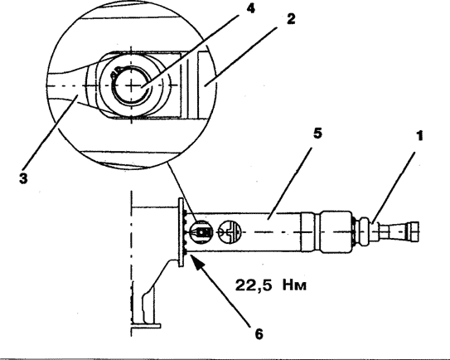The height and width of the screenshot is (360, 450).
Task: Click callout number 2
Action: click(x=290, y=19)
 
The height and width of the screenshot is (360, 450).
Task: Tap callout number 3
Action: click(x=23, y=178)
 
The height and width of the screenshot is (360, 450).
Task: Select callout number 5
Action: click(x=317, y=134)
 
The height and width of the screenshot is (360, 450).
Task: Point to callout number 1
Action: click(x=419, y=135)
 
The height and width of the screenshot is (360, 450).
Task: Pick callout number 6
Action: click(x=259, y=334)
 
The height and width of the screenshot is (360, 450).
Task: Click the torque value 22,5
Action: click(x=254, y=285)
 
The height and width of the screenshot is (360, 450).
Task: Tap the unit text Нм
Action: click(x=294, y=285)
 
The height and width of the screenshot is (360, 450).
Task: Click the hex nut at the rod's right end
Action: click(x=414, y=231)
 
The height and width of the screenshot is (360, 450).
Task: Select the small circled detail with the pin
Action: click(x=202, y=231)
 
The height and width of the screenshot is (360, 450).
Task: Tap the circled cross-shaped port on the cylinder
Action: click(x=230, y=231)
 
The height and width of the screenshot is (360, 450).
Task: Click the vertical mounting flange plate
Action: click(x=181, y=232)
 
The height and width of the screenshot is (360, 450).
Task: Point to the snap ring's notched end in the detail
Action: click(x=115, y=71)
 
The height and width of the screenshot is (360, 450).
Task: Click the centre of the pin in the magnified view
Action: click(x=132, y=85)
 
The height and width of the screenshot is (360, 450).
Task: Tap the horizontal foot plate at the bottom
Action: click(x=146, y=326)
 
